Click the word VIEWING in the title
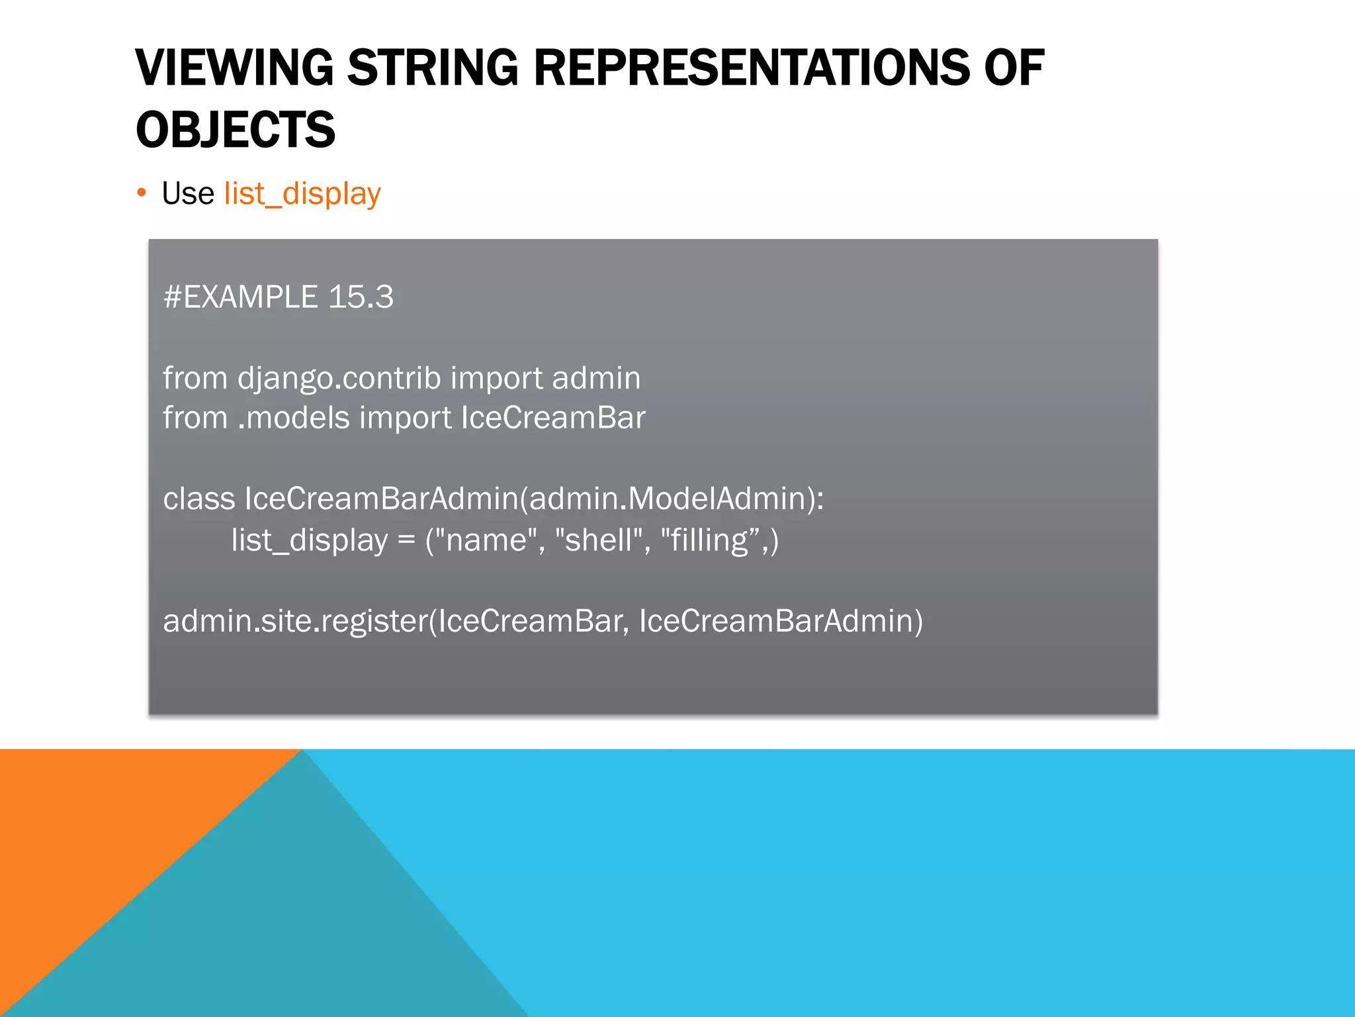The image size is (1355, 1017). (x=234, y=68)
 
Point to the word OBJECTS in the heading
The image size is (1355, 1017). (x=236, y=130)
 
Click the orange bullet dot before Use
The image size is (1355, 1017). (x=141, y=193)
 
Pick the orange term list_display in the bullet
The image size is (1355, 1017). (x=302, y=194)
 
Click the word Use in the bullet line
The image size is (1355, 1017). (x=188, y=194)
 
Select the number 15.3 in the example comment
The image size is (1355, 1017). (x=361, y=297)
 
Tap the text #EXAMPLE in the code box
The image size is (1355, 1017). (x=240, y=297)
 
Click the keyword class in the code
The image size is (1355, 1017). (x=198, y=499)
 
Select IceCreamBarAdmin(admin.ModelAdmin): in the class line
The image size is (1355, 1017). (x=534, y=499)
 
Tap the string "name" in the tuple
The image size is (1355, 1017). (x=490, y=540)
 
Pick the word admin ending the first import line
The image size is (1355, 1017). (x=595, y=379)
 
